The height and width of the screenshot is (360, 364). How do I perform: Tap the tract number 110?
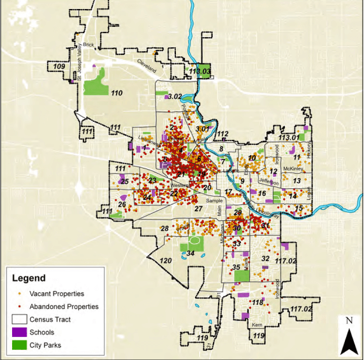[x=117, y=93]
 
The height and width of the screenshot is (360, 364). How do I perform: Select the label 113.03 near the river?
[x=200, y=72]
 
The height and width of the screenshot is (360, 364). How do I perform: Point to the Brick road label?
[x=88, y=45]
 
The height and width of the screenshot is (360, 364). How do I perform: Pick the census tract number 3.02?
[x=174, y=96]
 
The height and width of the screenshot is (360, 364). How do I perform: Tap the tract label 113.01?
[x=289, y=137]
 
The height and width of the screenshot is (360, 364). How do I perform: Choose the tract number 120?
[x=166, y=261]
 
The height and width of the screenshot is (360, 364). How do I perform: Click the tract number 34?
[x=190, y=253]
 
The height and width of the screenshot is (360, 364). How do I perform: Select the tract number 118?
[x=258, y=301]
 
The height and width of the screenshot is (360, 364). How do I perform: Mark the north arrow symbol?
[x=347, y=336]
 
